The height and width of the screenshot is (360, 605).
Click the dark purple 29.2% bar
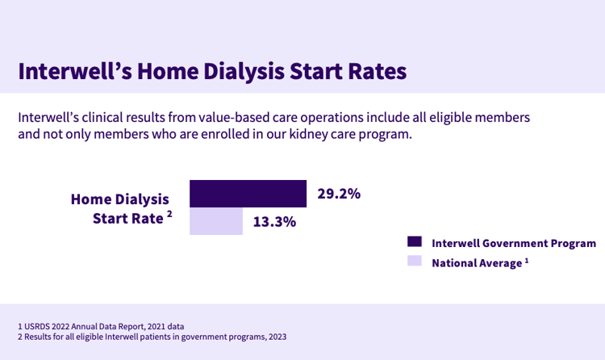tap(248, 194)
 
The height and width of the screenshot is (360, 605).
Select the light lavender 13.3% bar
tap(216, 221)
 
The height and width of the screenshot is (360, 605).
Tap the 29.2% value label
tap(339, 194)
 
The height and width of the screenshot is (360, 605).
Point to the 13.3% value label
tap(274, 222)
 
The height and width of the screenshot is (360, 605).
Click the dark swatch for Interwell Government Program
tap(415, 241)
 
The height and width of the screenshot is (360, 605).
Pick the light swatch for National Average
tap(415, 261)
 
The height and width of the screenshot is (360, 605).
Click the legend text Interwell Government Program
tap(514, 243)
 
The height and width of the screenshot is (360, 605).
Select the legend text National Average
tap(477, 263)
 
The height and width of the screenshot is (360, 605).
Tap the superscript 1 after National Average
tap(527, 261)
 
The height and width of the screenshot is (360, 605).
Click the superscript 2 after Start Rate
tap(169, 214)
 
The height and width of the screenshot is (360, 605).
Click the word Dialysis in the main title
tap(244, 72)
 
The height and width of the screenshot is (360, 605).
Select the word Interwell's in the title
tap(75, 72)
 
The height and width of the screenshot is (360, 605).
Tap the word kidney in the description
tap(303, 135)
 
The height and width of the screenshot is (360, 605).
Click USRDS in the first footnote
tap(36, 326)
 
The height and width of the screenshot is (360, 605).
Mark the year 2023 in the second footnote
tap(277, 337)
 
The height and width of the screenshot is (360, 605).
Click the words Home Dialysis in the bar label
tap(120, 199)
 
